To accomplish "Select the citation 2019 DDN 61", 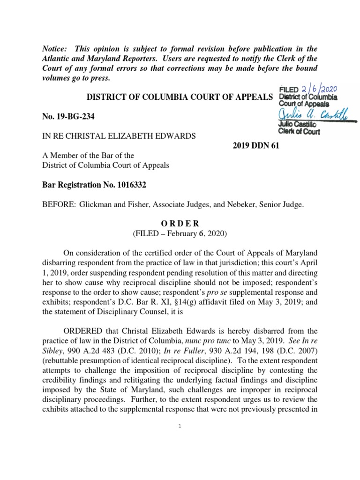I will point(255,146).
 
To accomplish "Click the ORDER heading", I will point(180,223).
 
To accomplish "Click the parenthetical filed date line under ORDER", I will point(180,233).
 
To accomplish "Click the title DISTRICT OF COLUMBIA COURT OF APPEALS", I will point(173,97).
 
